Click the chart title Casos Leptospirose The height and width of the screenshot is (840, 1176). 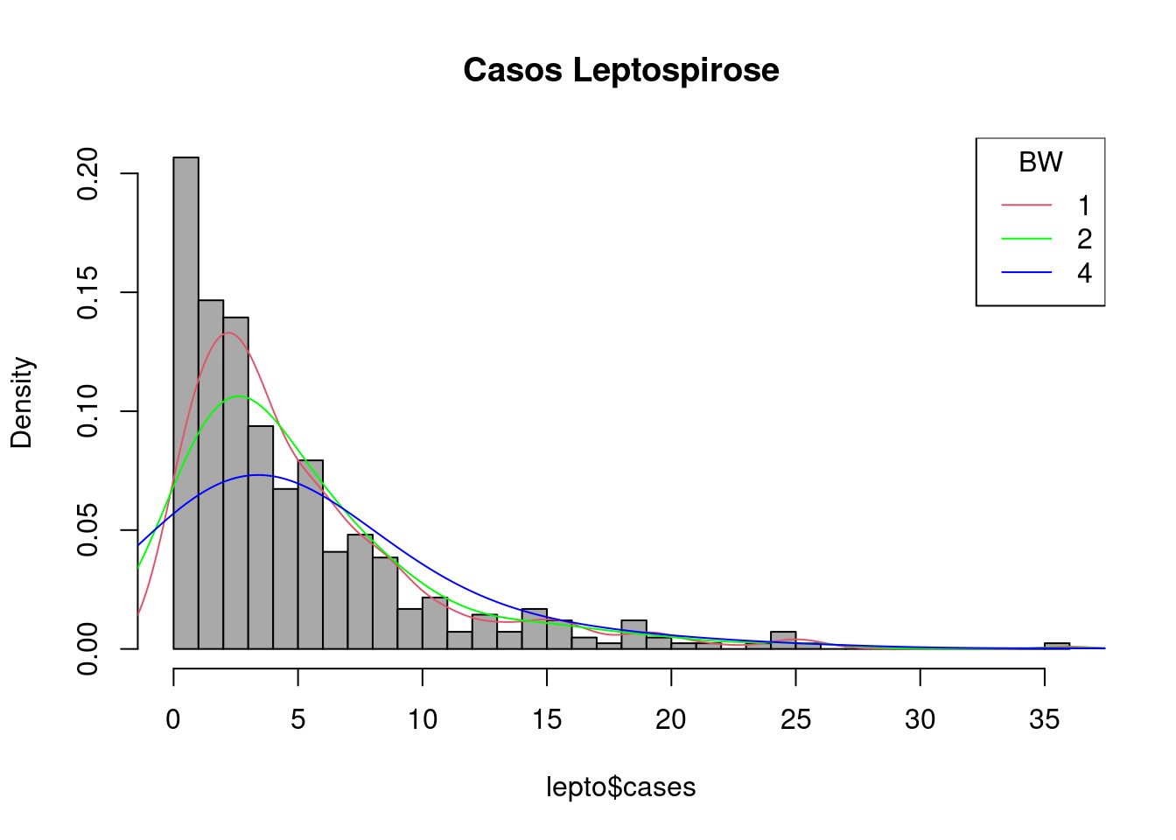pos(621,70)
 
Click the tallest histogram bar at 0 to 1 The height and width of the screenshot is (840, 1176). pos(185,402)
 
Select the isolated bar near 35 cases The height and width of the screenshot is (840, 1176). pos(1057,646)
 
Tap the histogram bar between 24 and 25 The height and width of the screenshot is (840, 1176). pos(783,640)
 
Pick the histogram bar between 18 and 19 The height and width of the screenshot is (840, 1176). pos(633,634)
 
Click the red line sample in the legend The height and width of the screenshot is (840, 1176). pos(1026,206)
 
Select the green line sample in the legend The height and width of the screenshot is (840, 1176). pos(1026,239)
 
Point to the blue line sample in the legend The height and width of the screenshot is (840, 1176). pos(1026,273)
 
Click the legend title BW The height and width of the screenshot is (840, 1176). pos(1040,163)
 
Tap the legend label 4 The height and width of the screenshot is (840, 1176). pos(1084,273)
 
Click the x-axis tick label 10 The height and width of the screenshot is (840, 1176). pos(423,719)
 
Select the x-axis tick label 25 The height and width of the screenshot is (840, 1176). pos(795,719)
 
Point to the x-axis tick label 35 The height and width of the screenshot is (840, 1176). pos(1045,719)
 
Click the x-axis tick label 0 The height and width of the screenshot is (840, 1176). pos(173,719)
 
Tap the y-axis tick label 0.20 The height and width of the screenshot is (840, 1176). pos(87,173)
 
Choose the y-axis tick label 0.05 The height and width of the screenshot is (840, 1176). pos(87,530)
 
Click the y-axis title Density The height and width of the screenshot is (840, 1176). pos(21,402)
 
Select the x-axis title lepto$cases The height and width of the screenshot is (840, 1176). pos(621,787)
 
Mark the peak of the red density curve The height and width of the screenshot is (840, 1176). pos(227,332)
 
